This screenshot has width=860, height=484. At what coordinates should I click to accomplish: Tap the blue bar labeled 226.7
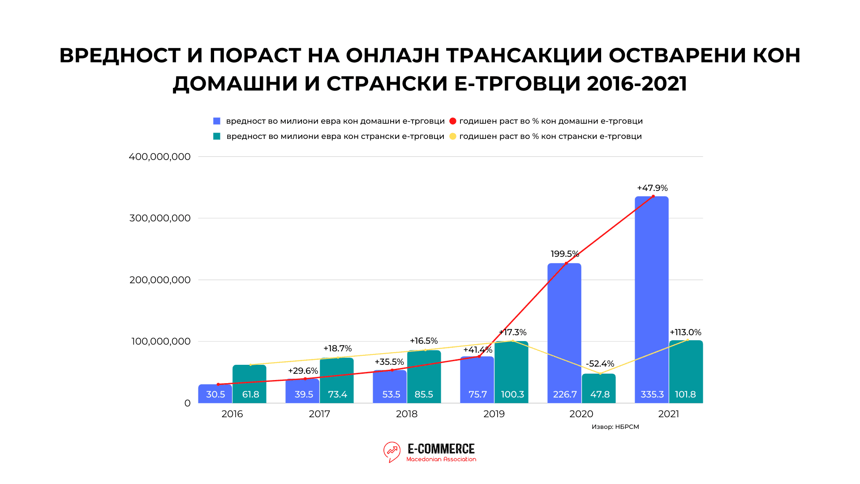click(564, 332)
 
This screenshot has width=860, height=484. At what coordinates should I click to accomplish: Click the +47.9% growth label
click(652, 188)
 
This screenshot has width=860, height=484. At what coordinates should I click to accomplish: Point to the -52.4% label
click(600, 363)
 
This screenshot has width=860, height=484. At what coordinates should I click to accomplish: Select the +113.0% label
click(685, 333)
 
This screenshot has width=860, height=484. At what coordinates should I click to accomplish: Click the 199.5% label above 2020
click(564, 254)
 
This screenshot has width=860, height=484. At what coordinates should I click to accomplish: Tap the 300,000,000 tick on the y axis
click(160, 218)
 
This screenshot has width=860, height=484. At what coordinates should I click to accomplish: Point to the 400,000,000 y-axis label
click(159, 157)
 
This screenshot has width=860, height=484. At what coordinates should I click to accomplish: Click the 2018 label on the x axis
click(407, 414)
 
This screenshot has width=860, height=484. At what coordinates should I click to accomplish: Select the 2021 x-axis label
click(668, 414)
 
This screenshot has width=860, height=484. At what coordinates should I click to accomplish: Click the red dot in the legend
click(453, 121)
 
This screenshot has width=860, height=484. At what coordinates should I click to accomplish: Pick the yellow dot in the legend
click(453, 136)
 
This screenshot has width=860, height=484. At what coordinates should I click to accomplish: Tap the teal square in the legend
click(217, 136)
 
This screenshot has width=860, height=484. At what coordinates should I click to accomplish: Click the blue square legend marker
click(217, 121)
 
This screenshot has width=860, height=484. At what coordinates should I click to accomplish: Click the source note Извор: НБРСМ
click(615, 427)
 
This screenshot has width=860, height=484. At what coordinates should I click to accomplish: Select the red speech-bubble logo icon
click(392, 452)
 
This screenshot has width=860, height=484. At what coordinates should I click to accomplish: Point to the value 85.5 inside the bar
click(424, 394)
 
